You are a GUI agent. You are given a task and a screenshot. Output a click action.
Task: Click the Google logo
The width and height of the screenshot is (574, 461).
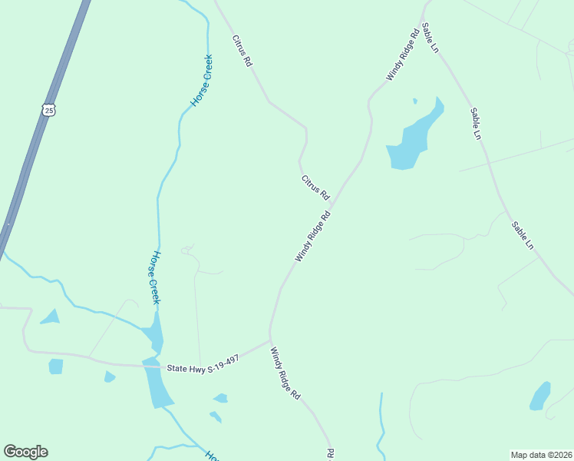tap(25, 452)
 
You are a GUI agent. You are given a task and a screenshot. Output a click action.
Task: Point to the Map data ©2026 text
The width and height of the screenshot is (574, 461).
tap(541, 455)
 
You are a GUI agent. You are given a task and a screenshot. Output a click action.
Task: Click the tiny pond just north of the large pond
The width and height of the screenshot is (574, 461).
tap(415, 101)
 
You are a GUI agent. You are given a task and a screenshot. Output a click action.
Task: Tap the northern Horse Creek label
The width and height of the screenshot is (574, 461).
tap(202, 81)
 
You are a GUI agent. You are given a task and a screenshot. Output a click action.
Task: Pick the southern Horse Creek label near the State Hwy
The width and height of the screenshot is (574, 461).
tap(154, 277)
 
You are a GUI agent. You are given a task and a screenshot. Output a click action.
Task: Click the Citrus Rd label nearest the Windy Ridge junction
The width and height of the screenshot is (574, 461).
tap(315, 187)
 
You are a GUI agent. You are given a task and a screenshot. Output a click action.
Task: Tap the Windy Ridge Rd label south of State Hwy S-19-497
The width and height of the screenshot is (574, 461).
tap(285, 373)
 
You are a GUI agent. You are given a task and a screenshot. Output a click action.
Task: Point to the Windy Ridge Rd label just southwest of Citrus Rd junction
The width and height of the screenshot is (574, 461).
tap(313, 236)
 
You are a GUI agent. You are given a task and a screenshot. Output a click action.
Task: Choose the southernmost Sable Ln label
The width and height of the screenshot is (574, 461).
tap(523, 235)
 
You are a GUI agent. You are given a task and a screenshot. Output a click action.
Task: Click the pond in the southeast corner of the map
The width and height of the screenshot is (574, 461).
tap(540, 396)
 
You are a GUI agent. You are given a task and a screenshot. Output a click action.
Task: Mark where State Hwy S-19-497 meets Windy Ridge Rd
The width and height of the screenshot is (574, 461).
tap(269, 340)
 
